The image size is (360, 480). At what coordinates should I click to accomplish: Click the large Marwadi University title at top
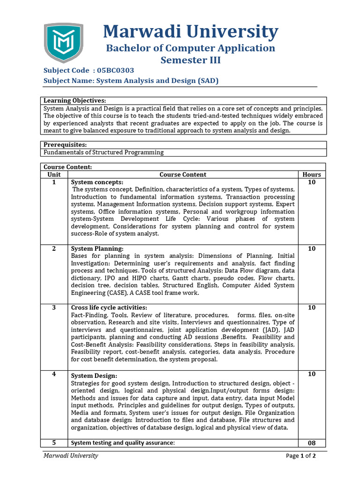pyautogui.click(x=190, y=32)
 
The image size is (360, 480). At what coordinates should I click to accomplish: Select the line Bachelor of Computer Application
pyautogui.click(x=190, y=48)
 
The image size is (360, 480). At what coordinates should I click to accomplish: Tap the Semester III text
pyautogui.click(x=190, y=60)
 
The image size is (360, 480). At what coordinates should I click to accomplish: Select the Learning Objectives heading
pyautogui.click(x=75, y=101)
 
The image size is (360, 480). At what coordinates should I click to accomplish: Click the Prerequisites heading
pyautogui.click(x=65, y=145)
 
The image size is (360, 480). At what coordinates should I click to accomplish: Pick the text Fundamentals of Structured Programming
pyautogui.click(x=104, y=152)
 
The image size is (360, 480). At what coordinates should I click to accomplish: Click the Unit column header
pyautogui.click(x=54, y=174)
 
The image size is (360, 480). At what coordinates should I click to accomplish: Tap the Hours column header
pyautogui.click(x=312, y=174)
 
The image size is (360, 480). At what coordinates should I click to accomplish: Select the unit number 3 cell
pyautogui.click(x=54, y=307)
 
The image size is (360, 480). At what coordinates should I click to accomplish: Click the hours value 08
pyautogui.click(x=312, y=443)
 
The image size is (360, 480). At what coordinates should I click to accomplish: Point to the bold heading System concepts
pyautogui.click(x=97, y=182)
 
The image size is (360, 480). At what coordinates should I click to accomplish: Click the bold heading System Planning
pyautogui.click(x=97, y=249)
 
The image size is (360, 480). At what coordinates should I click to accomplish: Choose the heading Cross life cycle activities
pyautogui.click(x=109, y=307)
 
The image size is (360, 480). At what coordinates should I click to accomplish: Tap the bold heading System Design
pyautogui.click(x=94, y=376)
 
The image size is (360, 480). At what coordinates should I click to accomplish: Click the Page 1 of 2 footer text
pyautogui.click(x=301, y=456)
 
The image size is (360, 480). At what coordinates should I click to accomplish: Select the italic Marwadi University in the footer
pyautogui.click(x=71, y=456)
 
